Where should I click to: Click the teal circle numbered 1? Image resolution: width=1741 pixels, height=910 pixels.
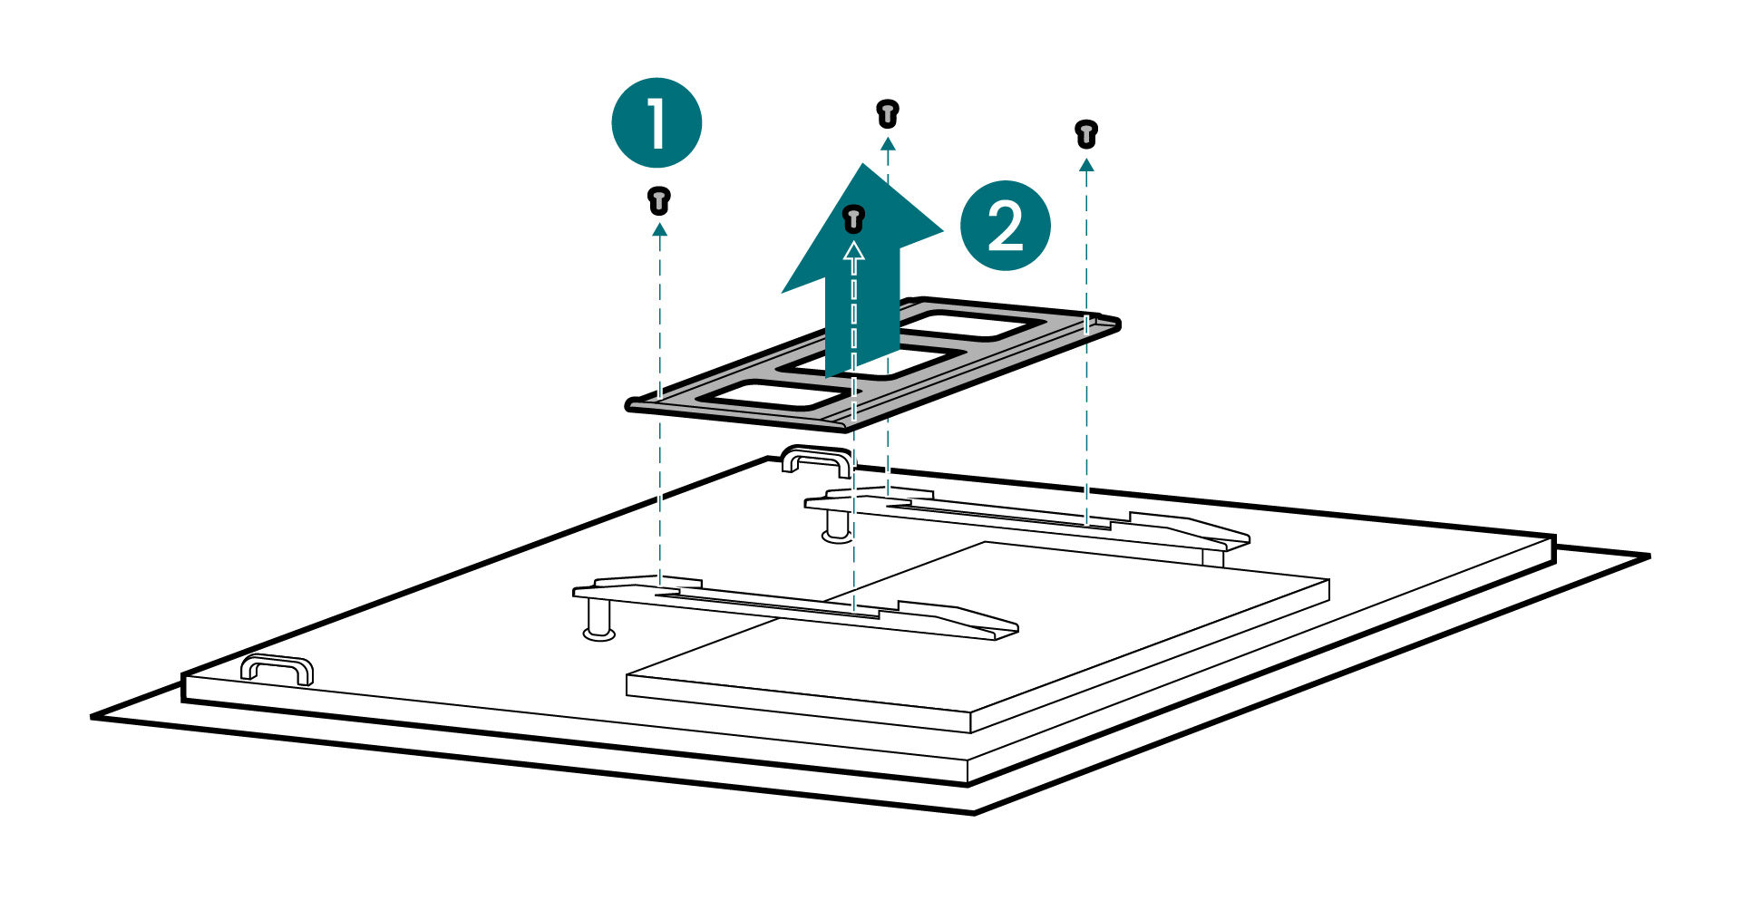coord(657,122)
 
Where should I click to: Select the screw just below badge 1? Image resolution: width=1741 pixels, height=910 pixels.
coord(659,200)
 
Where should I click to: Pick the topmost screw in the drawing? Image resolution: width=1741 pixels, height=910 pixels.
coord(887,114)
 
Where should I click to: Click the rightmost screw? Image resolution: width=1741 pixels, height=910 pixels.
coord(1085,133)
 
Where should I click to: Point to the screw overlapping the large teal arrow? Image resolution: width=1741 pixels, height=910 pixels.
coord(853,218)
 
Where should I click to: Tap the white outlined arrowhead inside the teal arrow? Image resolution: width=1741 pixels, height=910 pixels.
coord(853,251)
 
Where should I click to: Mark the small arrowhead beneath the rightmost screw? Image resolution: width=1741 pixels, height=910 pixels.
coord(1085,165)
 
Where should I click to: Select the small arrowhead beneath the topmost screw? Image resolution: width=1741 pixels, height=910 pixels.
coord(887,143)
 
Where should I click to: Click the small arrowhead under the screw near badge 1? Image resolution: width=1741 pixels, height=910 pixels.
coord(659,230)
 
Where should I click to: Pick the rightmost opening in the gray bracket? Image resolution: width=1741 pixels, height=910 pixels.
coord(970,324)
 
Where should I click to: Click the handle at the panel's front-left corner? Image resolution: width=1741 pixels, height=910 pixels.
coord(277,670)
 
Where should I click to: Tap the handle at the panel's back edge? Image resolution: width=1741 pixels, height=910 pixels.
coord(816,460)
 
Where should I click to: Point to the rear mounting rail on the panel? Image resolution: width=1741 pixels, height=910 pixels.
coord(1025,518)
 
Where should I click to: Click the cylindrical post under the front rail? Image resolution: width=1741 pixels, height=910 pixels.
coord(598,621)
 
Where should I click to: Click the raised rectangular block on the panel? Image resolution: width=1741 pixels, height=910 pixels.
coord(979,634)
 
